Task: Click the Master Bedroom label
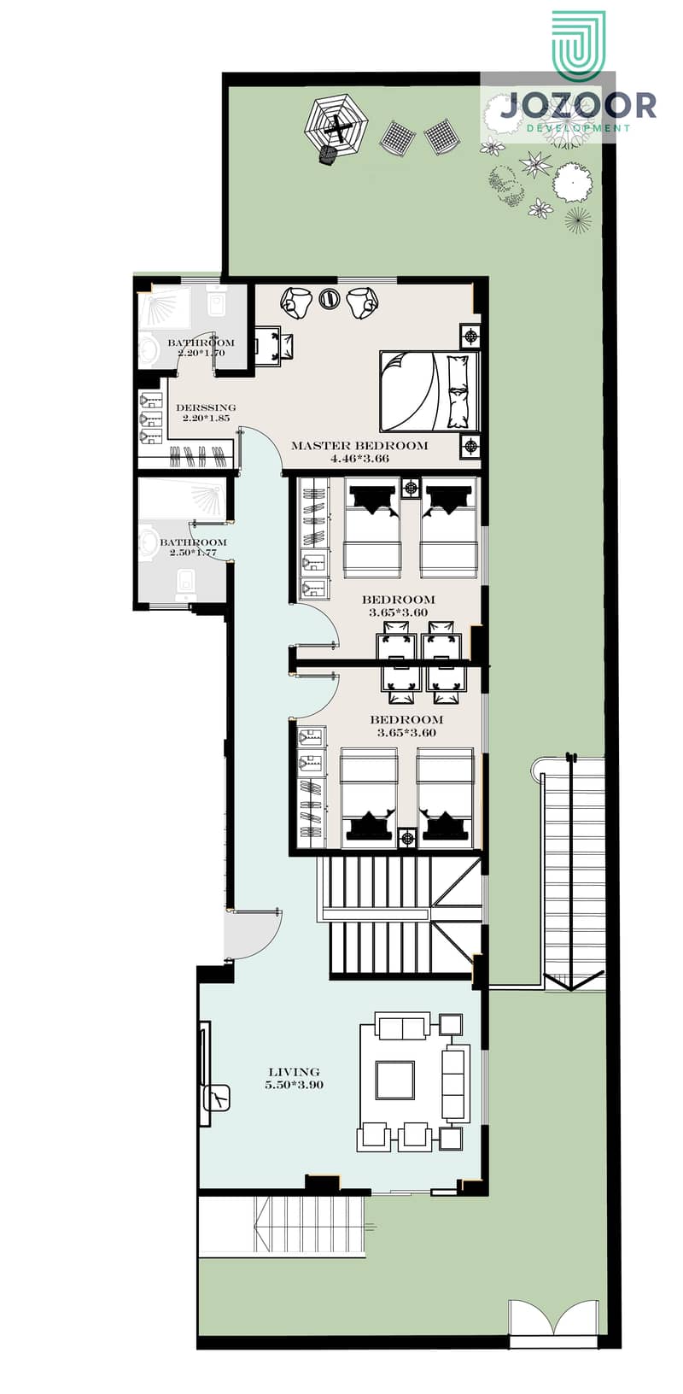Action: tap(359, 446)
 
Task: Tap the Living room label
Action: tap(295, 1072)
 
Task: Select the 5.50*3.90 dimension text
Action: tap(295, 1085)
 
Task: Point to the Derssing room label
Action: tap(206, 408)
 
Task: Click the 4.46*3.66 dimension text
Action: tap(359, 459)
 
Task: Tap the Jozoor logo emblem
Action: tap(580, 46)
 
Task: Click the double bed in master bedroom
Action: tap(429, 391)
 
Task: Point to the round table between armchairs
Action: tap(329, 298)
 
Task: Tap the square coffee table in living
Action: tap(395, 1081)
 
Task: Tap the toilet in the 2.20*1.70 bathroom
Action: tap(219, 304)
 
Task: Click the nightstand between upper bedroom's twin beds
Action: tap(411, 488)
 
